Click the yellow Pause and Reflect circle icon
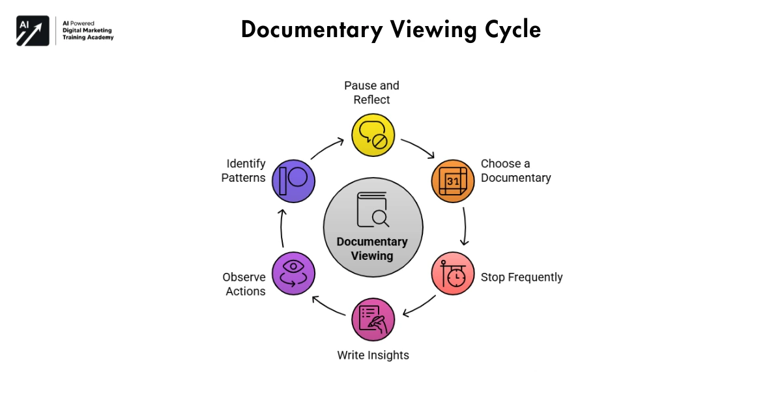pos(373,135)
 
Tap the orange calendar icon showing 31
pos(453,180)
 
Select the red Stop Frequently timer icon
pos(453,274)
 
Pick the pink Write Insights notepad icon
pos(373,320)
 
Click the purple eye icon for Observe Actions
pos(293,274)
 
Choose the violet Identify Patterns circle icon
pos(293,180)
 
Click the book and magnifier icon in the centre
pos(373,210)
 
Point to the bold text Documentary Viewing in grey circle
pos(373,249)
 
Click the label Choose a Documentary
pos(515,171)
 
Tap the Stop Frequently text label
pos(521,277)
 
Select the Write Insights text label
pos(373,355)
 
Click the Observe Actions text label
pos(244,284)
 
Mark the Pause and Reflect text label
pos(371,92)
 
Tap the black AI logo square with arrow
pos(33,31)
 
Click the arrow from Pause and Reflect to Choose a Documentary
pos(418,148)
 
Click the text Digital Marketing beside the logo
pos(87,31)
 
